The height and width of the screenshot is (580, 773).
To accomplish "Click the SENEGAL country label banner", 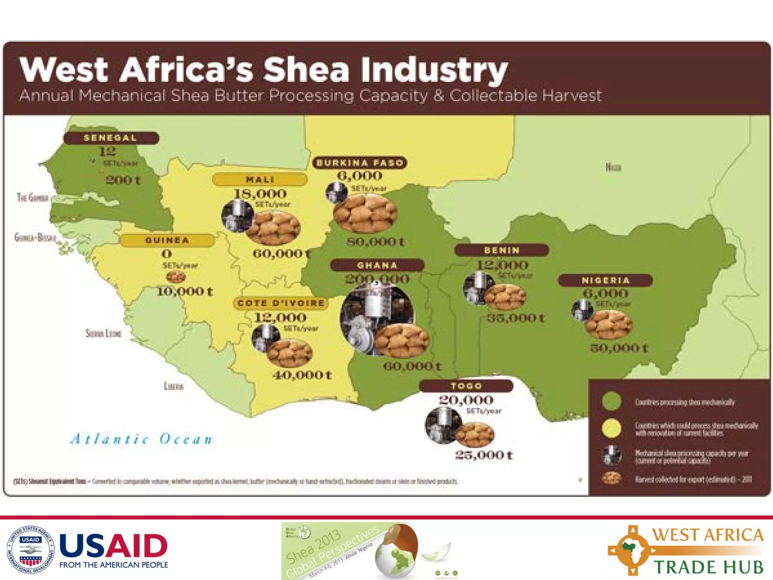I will pos(111,138).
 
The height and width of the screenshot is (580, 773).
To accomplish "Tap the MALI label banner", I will pos(260,179).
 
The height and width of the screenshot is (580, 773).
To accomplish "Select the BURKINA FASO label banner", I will pos(360,163).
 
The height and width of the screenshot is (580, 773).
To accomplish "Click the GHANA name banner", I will pos(377,265).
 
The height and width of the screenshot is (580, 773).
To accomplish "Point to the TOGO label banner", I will pos(466,386).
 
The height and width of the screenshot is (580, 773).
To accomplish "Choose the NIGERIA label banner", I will pos(605,280).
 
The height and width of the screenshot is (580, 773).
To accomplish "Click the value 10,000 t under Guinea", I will pos(185,292).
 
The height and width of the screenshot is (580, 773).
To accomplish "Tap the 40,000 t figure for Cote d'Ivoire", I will pos(302,375).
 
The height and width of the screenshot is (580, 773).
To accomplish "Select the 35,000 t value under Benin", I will pos(516,318).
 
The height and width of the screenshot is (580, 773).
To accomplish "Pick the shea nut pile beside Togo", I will pos(475,434).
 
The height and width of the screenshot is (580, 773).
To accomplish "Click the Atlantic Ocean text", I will pos(142,439).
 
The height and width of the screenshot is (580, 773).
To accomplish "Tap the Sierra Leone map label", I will pos(103,333).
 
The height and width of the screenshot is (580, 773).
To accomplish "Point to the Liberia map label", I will pos(174,386).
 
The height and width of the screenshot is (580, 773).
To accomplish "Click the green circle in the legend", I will pos(611,401).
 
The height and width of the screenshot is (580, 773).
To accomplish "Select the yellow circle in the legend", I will pos(611,428).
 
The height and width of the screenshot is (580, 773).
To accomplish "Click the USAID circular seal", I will pos(31,549).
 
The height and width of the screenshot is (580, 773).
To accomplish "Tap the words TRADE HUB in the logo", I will pos(708,567).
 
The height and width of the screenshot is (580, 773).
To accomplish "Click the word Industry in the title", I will pos(434,70).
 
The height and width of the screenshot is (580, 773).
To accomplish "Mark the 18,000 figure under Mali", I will pos(260,194).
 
